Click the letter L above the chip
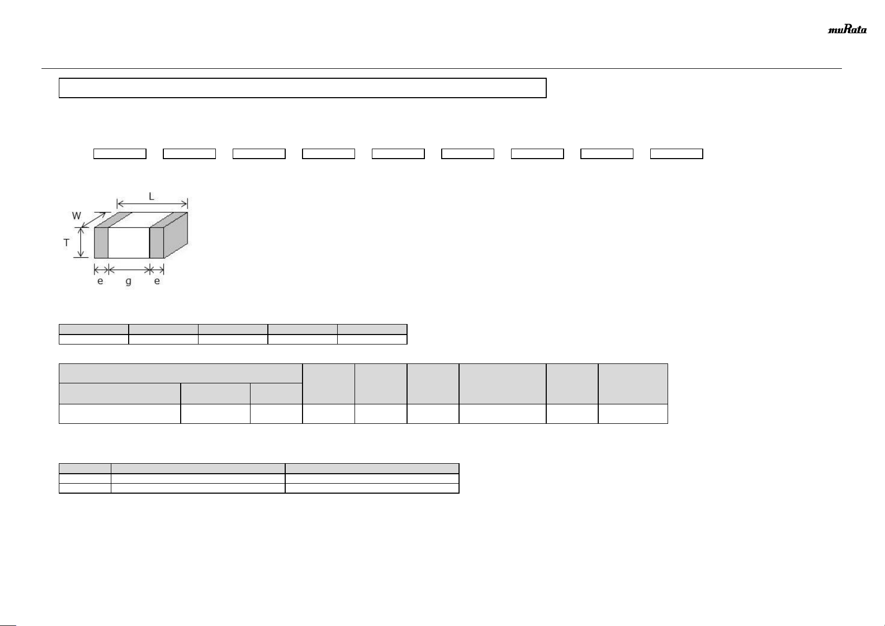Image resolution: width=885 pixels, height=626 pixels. [x=151, y=196]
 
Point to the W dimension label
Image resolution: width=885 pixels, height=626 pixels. [x=77, y=215]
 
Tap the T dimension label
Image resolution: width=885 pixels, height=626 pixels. [x=67, y=243]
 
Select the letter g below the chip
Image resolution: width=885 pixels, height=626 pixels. [x=129, y=281]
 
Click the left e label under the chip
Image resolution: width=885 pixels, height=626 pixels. [x=100, y=281]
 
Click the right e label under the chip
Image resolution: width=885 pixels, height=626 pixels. [x=157, y=281]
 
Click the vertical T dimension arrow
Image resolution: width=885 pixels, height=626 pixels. [x=81, y=243]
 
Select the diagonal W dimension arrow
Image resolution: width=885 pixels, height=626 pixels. [x=95, y=220]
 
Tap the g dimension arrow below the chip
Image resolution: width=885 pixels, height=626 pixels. [x=129, y=270]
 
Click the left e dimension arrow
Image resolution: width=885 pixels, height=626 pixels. [x=101, y=270]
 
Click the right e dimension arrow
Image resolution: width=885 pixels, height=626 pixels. [x=157, y=270]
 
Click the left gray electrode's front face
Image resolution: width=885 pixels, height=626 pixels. [x=101, y=243]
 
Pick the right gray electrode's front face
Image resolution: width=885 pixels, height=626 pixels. [x=157, y=243]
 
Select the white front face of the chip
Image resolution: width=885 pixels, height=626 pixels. [x=129, y=243]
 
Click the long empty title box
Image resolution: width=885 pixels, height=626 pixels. [x=303, y=88]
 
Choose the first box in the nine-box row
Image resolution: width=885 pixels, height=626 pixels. [x=120, y=153]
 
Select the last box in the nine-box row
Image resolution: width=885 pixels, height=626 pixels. [x=676, y=153]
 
